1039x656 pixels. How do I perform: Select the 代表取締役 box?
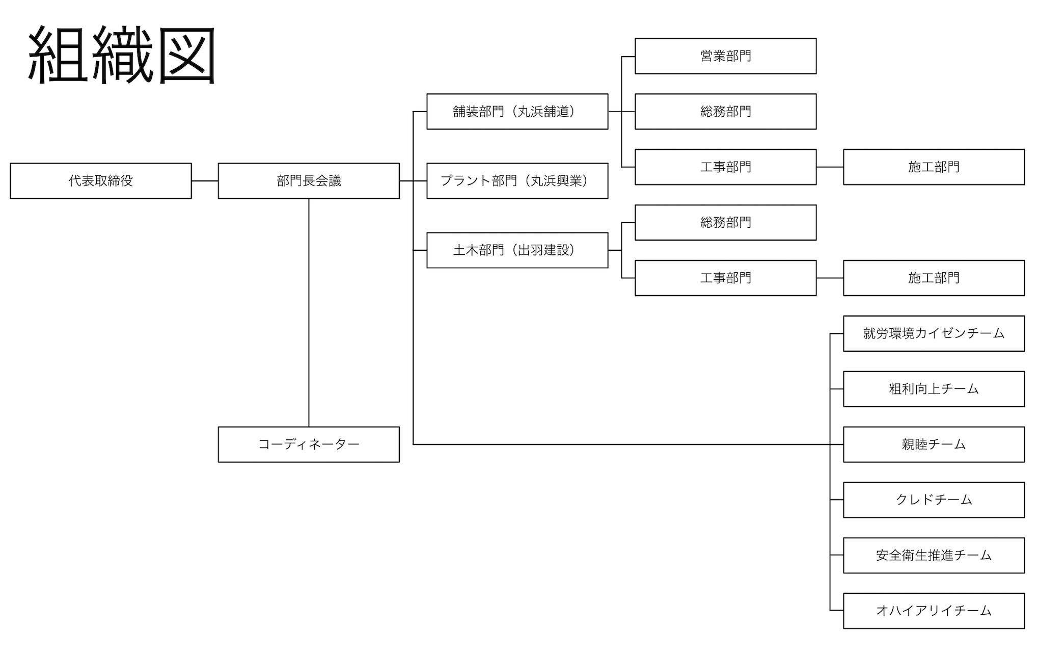click(101, 181)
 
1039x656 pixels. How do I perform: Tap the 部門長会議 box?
click(309, 181)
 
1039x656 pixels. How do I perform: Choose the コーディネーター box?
click(309, 444)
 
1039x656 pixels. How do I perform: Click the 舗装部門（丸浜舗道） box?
click(517, 112)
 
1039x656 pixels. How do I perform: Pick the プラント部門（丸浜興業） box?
click(517, 181)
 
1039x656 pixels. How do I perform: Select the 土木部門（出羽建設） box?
click(517, 250)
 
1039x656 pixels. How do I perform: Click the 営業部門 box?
click(725, 56)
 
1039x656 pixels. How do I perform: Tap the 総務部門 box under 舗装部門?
click(725, 112)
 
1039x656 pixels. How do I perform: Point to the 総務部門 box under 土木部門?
click(725, 223)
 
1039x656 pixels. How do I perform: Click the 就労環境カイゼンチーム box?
click(934, 334)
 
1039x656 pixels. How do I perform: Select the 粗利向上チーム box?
click(934, 389)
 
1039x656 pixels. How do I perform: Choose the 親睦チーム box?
click(934, 444)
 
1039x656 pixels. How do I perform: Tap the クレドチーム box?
click(934, 500)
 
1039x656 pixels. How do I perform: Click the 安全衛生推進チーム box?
click(934, 555)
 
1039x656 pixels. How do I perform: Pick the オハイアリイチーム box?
click(934, 611)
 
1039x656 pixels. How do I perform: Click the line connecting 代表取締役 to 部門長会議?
click(205, 181)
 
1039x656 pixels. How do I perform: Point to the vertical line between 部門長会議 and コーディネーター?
click(309, 312)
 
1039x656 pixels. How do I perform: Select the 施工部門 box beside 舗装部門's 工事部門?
click(934, 167)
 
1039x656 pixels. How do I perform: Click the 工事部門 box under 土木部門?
click(725, 278)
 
